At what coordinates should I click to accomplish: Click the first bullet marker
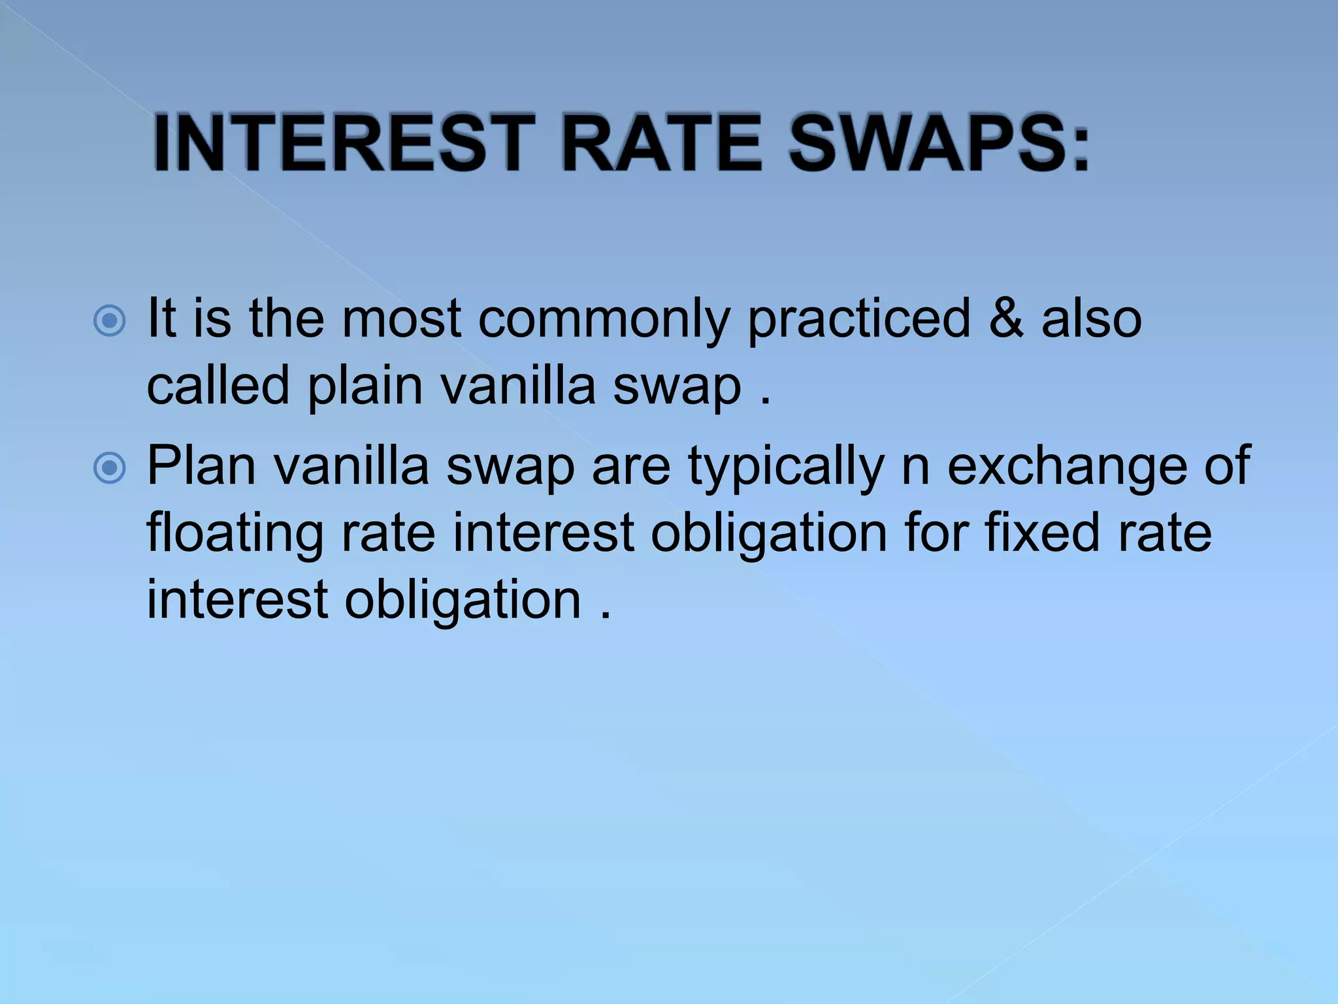point(109,321)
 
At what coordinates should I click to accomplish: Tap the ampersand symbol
point(1006,318)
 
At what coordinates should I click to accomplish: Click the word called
point(218,385)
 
